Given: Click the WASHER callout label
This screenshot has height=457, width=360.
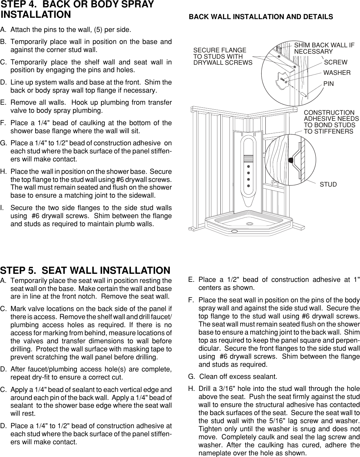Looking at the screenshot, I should point(337,73).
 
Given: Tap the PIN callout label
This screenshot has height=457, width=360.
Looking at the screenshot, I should point(328,84).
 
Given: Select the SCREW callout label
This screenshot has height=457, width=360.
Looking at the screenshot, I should point(336,62).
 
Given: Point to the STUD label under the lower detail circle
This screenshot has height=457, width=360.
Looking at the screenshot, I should point(328,185).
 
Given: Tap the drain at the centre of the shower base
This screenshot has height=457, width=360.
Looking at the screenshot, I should point(249,224).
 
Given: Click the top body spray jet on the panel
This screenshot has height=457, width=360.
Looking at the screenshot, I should point(249,166).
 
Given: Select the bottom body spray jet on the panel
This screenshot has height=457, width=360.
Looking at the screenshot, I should point(249,186).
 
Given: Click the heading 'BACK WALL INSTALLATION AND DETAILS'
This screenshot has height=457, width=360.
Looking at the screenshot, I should point(261,17).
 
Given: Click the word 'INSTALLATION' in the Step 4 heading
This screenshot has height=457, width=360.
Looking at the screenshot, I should point(36,15).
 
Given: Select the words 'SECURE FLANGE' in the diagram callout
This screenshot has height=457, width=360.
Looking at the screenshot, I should point(219,50).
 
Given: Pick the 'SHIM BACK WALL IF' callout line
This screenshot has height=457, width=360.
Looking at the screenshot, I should point(324,45).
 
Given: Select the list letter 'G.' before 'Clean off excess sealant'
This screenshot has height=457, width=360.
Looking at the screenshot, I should point(191,377).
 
